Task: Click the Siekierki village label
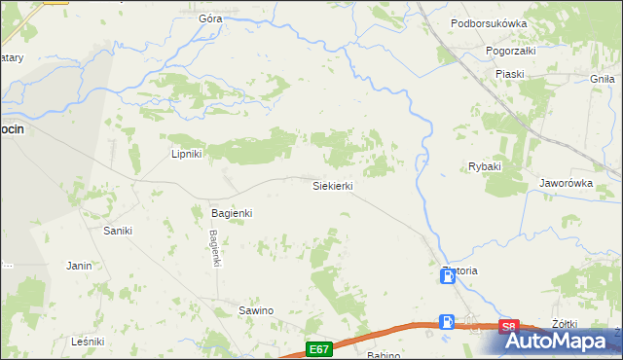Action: click(332, 185)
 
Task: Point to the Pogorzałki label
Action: click(511, 49)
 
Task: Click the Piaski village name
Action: click(509, 74)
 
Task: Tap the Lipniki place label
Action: click(186, 154)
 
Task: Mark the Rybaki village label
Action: click(484, 166)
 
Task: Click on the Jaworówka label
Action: click(567, 182)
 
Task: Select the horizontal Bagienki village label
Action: click(232, 213)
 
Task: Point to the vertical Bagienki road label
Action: click(215, 247)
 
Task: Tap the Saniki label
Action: click(118, 231)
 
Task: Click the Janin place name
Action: click(79, 265)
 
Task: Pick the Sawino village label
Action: click(256, 310)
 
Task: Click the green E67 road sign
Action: click(317, 348)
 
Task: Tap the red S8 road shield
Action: click(508, 327)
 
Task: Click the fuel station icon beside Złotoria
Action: click(447, 277)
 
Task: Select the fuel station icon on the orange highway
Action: click(447, 321)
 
